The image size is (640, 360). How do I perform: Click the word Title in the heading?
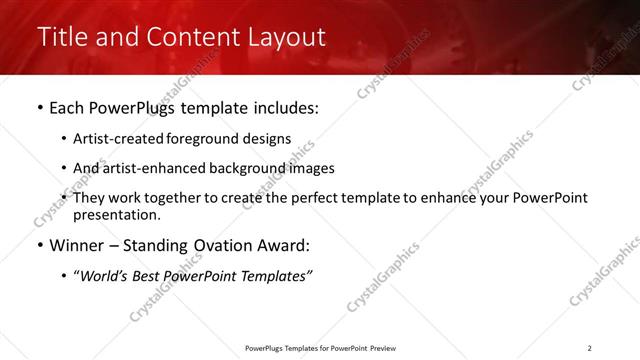point(61,38)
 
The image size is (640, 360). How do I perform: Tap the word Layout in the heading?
point(280,38)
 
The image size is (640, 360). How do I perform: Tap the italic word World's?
point(104,276)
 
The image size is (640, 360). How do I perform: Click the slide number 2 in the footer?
point(589,348)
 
